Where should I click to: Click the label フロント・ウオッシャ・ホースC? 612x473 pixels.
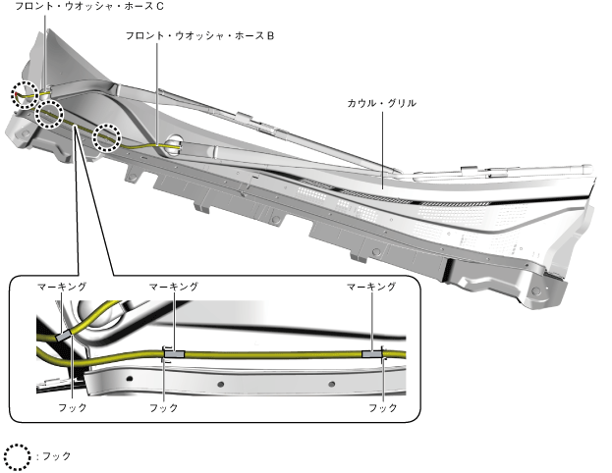[89, 7]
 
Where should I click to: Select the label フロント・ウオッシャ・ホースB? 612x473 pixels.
[199, 34]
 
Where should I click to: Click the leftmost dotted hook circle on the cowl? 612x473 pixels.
[26, 94]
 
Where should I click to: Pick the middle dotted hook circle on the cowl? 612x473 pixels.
[51, 113]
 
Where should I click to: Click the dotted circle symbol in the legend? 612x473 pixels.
[18, 456]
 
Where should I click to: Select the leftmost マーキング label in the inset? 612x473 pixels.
[62, 287]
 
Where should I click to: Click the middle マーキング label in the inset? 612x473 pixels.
[174, 287]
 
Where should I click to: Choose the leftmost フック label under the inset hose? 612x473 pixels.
[73, 407]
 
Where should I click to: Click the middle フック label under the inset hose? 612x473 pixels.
[164, 407]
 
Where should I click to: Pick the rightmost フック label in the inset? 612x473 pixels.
[383, 407]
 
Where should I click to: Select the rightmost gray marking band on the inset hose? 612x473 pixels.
[374, 352]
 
